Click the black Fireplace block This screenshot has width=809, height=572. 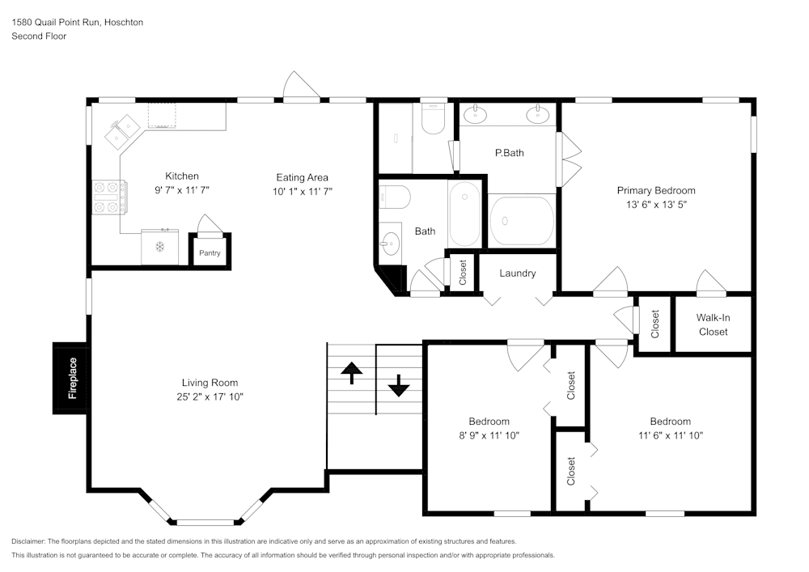coord(70,378)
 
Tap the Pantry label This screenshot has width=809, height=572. coord(210,253)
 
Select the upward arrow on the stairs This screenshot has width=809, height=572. coord(351,373)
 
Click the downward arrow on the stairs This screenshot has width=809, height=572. coord(398,385)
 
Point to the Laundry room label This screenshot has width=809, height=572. coord(517,273)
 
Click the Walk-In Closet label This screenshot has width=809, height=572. coord(713,324)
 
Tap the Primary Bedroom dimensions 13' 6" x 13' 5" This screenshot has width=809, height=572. coord(656,205)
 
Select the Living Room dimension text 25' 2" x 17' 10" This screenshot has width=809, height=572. coord(210,396)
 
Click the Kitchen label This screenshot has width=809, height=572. coord(182,176)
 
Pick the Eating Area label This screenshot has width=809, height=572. coord(302,177)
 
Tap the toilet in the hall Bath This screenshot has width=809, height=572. coord(396,197)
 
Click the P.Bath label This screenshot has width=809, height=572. coord(510,153)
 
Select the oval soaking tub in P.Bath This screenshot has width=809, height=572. coord(522,220)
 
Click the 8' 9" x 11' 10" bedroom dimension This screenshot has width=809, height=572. coord(489,435)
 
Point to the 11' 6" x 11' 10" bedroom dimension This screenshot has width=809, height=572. coord(670,435)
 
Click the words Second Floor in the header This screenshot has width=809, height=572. coord(39,36)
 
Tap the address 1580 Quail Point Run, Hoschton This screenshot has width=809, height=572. coord(77,23)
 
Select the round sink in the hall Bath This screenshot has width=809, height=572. coord(391,241)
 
